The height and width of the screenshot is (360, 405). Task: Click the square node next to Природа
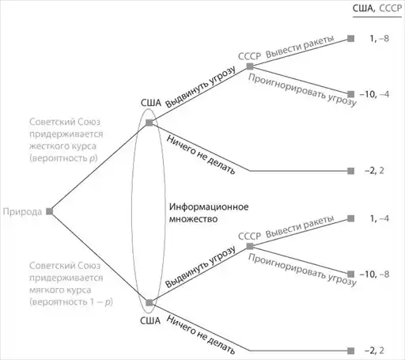point(50,211)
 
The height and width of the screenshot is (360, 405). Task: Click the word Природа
point(22,212)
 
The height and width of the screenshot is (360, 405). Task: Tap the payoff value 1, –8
point(380,39)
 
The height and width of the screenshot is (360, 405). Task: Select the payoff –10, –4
point(374,94)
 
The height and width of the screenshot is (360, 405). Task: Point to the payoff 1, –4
point(380,218)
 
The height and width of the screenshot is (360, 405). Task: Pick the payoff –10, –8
point(374,275)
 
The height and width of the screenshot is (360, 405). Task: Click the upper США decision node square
point(150,123)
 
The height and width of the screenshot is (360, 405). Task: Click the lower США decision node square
point(150,302)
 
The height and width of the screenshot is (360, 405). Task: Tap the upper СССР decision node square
point(250,66)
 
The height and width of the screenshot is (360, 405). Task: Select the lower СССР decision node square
point(250,246)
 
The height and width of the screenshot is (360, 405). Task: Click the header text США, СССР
point(377,9)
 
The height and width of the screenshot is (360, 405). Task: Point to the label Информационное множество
point(209,213)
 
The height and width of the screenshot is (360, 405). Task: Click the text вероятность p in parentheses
point(63,158)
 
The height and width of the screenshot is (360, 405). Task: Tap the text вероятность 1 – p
point(71,302)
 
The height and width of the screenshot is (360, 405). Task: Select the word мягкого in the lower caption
point(46,290)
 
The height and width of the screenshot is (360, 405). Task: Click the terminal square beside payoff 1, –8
point(350,39)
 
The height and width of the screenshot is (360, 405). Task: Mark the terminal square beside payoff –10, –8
point(350,274)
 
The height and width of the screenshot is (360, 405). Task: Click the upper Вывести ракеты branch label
point(300,47)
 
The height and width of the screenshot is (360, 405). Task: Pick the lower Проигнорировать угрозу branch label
point(302,270)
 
